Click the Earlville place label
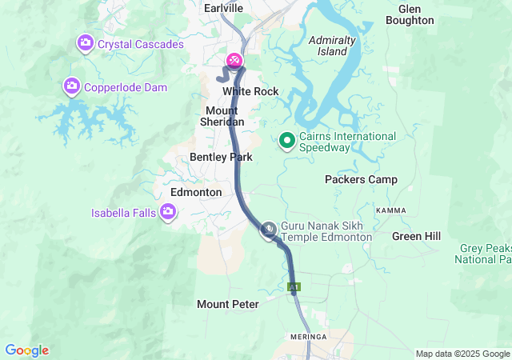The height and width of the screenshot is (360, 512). pyautogui.click(x=223, y=7)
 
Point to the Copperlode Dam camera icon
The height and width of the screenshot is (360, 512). pyautogui.click(x=72, y=86)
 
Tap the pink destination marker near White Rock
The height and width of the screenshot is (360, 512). pyautogui.click(x=234, y=60)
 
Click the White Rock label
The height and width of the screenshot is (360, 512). pyautogui.click(x=250, y=92)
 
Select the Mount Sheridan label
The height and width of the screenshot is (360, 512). pyautogui.click(x=224, y=116)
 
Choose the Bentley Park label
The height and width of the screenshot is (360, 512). pyautogui.click(x=221, y=158)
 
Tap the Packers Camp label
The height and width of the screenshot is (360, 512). pyautogui.click(x=361, y=180)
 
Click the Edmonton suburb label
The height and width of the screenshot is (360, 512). pyautogui.click(x=196, y=193)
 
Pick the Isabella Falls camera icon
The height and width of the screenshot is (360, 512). pyautogui.click(x=168, y=212)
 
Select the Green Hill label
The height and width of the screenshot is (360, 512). pyautogui.click(x=416, y=236)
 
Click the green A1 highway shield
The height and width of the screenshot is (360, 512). pyautogui.click(x=294, y=286)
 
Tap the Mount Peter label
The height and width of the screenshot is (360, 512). pyautogui.click(x=227, y=305)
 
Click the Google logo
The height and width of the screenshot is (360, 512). pyautogui.click(x=27, y=350)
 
